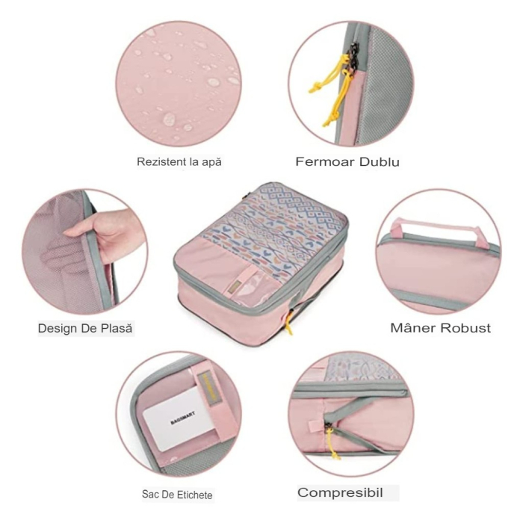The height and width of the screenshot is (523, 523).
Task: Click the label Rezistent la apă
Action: click(179, 161)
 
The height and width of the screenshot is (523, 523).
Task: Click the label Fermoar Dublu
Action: click(347, 161)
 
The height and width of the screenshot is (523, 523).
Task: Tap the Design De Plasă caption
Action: click(87, 328)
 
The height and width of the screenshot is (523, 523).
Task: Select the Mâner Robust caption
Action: click(441, 328)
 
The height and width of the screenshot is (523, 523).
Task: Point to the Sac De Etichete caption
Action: click(177, 495)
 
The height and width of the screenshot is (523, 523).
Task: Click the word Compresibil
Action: click(340, 493)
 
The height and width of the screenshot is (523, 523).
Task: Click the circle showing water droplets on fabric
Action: click(179, 82)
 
